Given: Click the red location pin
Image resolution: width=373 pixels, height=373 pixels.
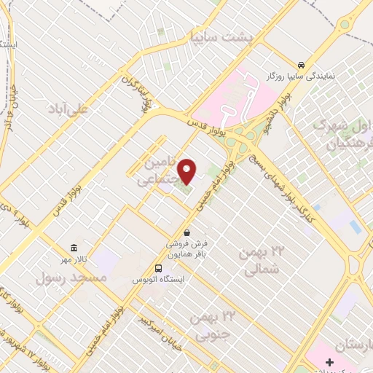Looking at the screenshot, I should [x=187, y=170].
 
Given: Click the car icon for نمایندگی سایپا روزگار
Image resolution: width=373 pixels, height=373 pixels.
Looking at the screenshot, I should [x=301, y=63].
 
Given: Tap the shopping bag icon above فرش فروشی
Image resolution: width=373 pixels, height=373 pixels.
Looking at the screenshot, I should [x=187, y=232].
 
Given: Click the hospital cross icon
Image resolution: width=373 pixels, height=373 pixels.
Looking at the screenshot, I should [x=329, y=362].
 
